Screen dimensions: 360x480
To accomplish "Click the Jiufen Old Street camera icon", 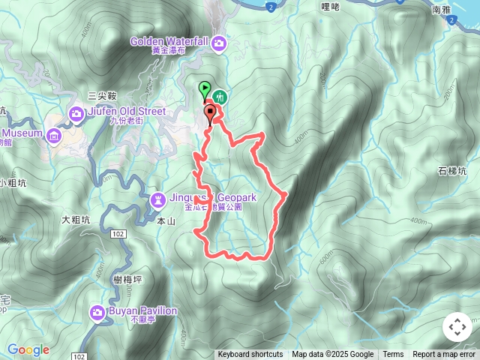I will [76, 113].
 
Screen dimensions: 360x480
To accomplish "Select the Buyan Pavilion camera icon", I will [97, 312].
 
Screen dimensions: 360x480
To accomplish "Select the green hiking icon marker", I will [220, 97].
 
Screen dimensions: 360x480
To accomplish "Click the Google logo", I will [28, 350].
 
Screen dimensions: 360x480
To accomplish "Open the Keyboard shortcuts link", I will [250, 355].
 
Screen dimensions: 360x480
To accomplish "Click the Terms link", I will [393, 355].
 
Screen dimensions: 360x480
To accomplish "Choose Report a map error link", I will [444, 355].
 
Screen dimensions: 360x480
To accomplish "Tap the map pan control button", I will [457, 327].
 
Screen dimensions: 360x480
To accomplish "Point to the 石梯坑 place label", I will [452, 171].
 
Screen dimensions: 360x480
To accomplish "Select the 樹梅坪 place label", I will [127, 279].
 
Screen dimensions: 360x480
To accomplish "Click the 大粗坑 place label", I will [76, 220].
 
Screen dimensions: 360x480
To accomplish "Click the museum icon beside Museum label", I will [54, 136].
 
